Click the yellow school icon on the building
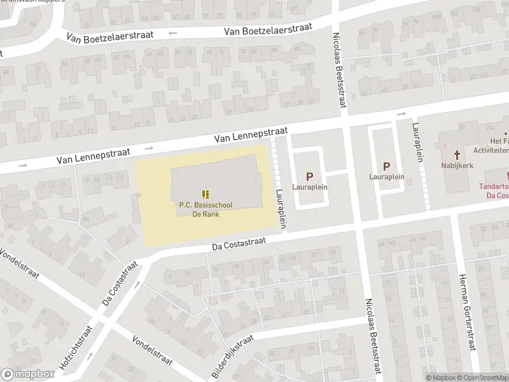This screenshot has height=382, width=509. pos(205,193)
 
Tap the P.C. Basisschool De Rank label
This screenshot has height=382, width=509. pos(205,209)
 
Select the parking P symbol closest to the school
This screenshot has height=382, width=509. pos(310,176)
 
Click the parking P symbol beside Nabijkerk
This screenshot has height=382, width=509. pos(386,166)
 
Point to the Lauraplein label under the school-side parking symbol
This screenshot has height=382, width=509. pos(310,188)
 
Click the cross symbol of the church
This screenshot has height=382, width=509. pos(456,154)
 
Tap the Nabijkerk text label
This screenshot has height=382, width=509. pos(457,165)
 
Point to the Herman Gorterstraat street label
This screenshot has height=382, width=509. pos(468,312)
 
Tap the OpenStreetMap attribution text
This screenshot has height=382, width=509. pos(484,378)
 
